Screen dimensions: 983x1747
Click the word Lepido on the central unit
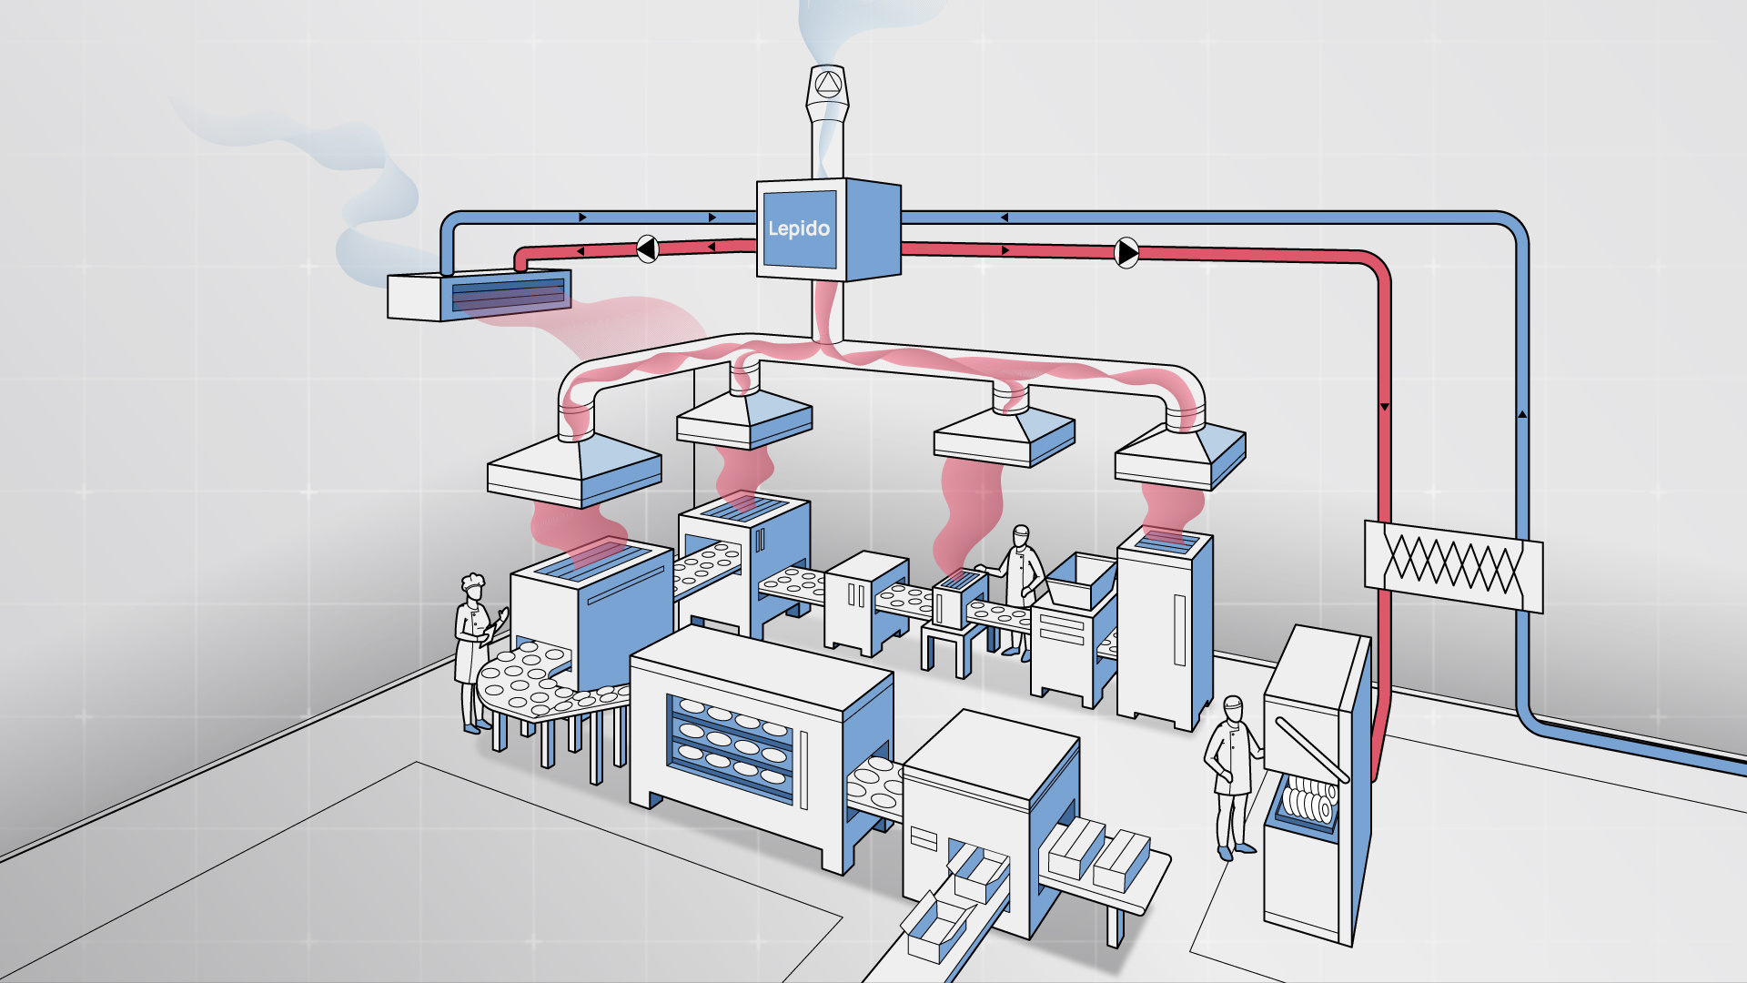[798, 228]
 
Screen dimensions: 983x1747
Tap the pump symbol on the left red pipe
[647, 248]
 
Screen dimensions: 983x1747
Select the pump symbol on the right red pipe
[1126, 252]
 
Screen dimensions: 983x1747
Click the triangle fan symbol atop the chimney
[827, 85]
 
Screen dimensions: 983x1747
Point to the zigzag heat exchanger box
[1453, 564]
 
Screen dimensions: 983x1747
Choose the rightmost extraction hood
[1180, 455]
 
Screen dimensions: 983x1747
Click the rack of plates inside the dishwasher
[1308, 800]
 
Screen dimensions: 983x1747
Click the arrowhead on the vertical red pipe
[1384, 407]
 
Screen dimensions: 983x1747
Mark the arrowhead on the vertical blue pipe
[1522, 414]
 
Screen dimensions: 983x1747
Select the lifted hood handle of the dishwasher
[1310, 749]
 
